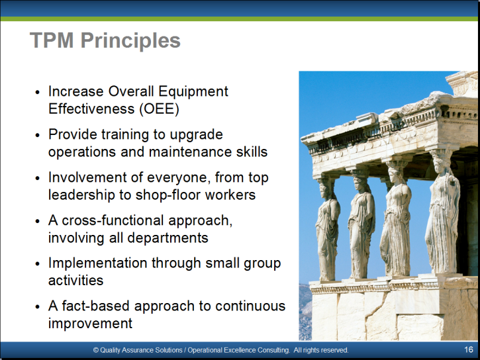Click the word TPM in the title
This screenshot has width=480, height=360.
pyautogui.click(x=52, y=40)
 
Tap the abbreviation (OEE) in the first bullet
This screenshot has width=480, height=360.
pyautogui.click(x=159, y=109)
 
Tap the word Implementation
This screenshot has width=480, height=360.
pyautogui.click(x=97, y=263)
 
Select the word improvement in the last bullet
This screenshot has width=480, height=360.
pyautogui.click(x=90, y=324)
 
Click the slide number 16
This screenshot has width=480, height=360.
pyautogui.click(x=468, y=349)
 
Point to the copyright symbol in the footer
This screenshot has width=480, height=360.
pyautogui.click(x=96, y=350)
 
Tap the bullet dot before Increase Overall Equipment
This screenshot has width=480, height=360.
pyautogui.click(x=37, y=92)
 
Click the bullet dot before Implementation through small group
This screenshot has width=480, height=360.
pyautogui.click(x=37, y=263)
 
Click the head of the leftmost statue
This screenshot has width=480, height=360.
pyautogui.click(x=324, y=189)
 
